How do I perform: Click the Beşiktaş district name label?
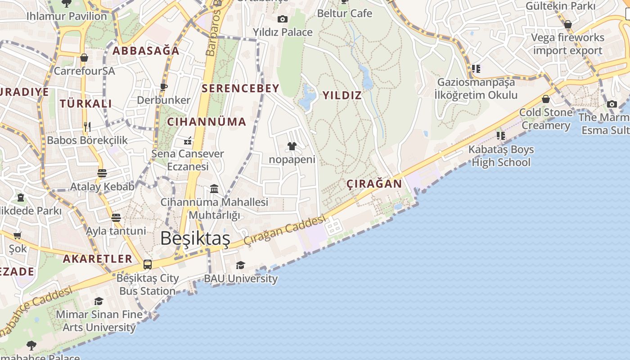[x=195, y=238]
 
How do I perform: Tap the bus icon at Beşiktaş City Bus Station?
[x=147, y=265]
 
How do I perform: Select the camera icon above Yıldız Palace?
[x=283, y=19]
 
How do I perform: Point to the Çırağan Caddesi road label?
[x=284, y=230]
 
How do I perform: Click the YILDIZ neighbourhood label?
[x=342, y=95]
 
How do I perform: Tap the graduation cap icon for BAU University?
[x=241, y=265]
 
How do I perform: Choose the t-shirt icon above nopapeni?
[x=292, y=146]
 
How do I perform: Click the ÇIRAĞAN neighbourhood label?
[x=374, y=184]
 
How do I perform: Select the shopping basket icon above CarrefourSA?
[x=84, y=58]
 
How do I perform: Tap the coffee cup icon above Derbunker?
[x=164, y=86]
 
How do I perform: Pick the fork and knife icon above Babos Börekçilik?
[x=87, y=127]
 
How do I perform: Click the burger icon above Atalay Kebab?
[x=102, y=173]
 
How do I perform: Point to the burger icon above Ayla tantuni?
[x=116, y=218]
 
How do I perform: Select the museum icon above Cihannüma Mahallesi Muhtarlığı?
[x=214, y=189]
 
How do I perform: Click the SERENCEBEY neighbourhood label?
[x=241, y=88]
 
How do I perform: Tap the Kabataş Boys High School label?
[x=501, y=156]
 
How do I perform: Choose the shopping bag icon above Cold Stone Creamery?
[x=546, y=99]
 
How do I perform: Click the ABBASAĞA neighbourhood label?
[x=146, y=51]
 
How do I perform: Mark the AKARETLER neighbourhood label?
[x=98, y=259]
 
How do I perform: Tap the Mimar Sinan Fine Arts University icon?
[x=99, y=301]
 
